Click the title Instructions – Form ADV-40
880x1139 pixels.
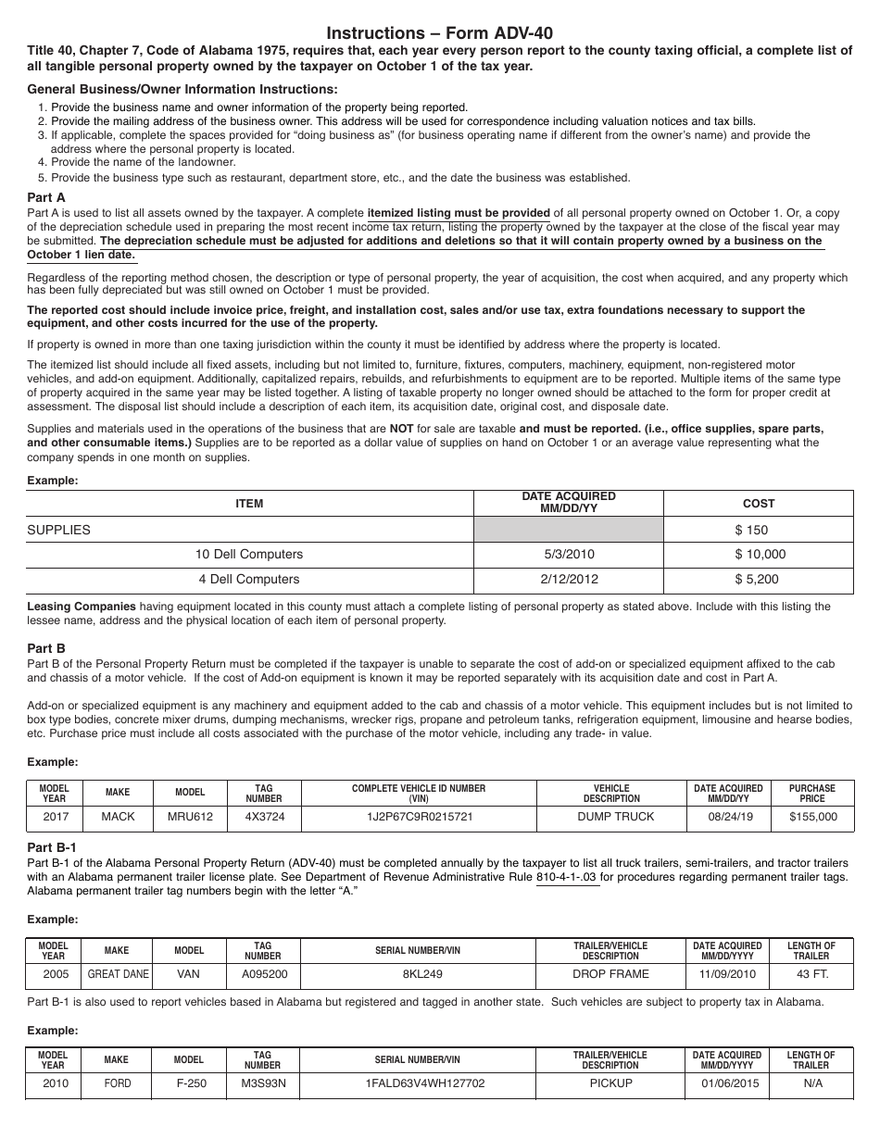click(440, 32)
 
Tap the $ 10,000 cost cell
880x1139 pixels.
click(759, 554)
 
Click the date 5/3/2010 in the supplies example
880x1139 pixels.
click(569, 554)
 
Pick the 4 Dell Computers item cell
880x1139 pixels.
click(249, 579)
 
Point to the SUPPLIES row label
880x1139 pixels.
click(59, 530)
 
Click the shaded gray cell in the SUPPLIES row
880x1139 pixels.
click(569, 530)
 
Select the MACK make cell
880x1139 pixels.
click(118, 817)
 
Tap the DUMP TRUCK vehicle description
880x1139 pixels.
click(611, 817)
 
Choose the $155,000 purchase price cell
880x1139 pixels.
click(812, 817)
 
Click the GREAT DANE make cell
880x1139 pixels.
click(117, 974)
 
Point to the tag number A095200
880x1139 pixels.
click(264, 974)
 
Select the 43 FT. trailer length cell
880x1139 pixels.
click(811, 974)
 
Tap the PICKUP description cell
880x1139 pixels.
click(610, 1083)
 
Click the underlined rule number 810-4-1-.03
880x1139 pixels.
click(567, 876)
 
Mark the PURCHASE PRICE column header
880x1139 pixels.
click(812, 793)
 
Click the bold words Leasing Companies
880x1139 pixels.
click(82, 607)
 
